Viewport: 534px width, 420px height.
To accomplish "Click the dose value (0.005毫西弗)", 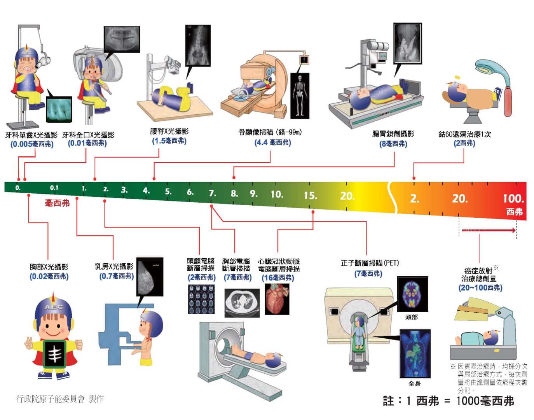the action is point(32,144).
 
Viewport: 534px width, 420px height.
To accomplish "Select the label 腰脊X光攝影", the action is point(169,131).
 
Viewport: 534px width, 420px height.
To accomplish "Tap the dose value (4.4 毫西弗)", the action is point(272,142).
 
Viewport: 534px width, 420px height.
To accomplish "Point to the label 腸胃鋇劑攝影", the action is point(393,134).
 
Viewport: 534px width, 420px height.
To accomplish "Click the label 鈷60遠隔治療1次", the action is point(464,134).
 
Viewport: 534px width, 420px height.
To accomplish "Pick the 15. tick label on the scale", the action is point(311,196).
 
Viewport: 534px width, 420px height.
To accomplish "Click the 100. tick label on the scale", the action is point(513,198).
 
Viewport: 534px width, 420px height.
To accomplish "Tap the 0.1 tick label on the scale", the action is point(54,188).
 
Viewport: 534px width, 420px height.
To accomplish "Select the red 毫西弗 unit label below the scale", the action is point(57,203).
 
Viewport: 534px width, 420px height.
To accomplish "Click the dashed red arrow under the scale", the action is point(489,230).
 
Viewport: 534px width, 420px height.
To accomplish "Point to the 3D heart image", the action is point(277,299).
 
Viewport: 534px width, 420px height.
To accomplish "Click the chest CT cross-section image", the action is point(242,303).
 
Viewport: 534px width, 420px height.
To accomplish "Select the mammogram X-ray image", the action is point(150,276).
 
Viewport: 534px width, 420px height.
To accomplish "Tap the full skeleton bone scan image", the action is point(300,96).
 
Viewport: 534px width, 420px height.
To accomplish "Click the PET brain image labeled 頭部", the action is point(413,294).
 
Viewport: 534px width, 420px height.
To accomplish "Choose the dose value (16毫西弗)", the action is point(278,278).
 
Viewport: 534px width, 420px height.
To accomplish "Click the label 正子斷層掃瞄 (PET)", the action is point(370,263).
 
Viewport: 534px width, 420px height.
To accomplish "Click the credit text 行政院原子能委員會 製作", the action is point(60,399).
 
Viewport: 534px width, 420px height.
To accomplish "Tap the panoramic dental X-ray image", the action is point(122,39).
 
